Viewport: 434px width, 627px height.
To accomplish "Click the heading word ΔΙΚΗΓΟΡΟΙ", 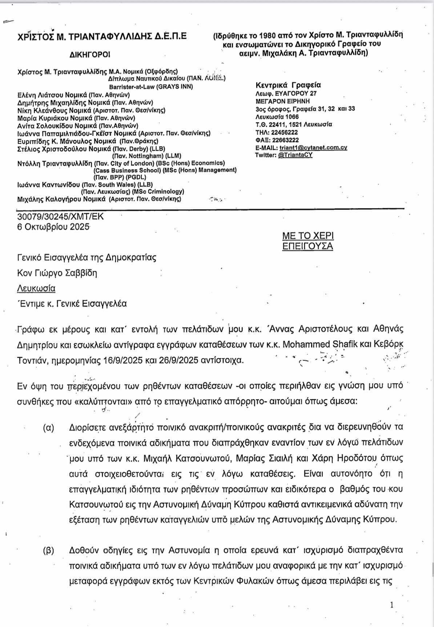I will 89,55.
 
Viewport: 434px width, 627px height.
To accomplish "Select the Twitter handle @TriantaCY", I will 295,155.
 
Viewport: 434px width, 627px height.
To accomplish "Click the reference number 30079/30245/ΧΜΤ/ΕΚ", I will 60,217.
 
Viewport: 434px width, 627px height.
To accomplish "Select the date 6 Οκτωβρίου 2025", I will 53,226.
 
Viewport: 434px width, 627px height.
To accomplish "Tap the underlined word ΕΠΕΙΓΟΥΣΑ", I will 308,246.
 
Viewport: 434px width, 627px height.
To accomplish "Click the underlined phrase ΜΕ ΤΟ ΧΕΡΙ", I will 308,236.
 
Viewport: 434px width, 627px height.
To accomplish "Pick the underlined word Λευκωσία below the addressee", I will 36,289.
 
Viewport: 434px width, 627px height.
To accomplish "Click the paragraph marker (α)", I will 48,428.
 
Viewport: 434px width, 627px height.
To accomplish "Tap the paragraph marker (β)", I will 48,551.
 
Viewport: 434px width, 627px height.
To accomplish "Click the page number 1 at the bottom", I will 391,605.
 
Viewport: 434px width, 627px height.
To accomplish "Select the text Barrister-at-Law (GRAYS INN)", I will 151,87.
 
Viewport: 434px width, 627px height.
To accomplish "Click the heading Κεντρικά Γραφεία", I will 289,85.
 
